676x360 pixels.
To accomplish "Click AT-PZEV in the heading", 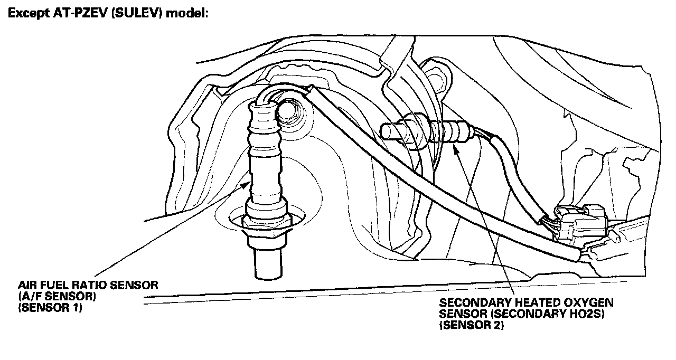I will [73, 13].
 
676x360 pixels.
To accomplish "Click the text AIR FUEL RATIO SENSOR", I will [88, 286].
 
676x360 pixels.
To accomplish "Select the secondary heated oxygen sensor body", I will [422, 129].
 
